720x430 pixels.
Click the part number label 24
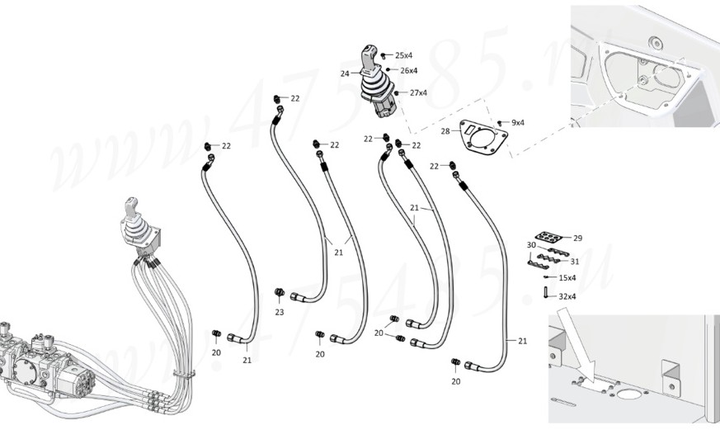pyautogui.click(x=345, y=73)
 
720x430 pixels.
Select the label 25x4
pyautogui.click(x=403, y=54)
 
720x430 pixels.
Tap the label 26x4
pyautogui.click(x=408, y=70)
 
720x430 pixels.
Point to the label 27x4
pyautogui.click(x=417, y=92)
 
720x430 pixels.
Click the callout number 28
pyautogui.click(x=445, y=131)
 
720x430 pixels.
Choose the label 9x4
pyautogui.click(x=517, y=122)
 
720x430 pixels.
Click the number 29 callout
pyautogui.click(x=577, y=238)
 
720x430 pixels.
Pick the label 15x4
pyautogui.click(x=567, y=278)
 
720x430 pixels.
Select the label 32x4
pyautogui.click(x=567, y=295)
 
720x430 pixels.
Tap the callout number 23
pyautogui.click(x=280, y=312)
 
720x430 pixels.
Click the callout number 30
pyautogui.click(x=531, y=245)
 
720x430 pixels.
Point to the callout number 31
pyautogui.click(x=574, y=261)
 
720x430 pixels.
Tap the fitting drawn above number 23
pyautogui.click(x=280, y=292)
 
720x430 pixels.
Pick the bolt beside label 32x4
pyautogui.click(x=547, y=292)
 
